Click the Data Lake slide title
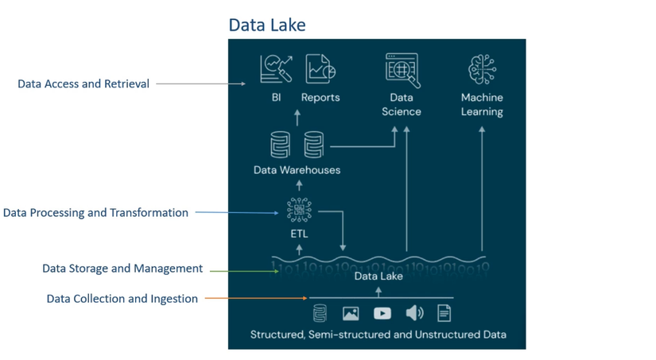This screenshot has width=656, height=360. (266, 25)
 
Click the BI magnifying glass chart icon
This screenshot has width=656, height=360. (276, 69)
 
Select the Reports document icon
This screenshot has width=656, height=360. (320, 69)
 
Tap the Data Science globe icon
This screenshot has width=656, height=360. (402, 70)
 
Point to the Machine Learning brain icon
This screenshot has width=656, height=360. (482, 70)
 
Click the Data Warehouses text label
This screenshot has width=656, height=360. (297, 170)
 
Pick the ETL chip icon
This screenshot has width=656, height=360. (299, 210)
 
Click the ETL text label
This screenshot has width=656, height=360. (299, 234)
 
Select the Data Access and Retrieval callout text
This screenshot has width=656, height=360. (83, 83)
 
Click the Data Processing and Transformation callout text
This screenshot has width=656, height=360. (95, 213)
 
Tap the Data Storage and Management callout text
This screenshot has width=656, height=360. (122, 269)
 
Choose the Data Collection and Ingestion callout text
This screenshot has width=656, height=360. (122, 299)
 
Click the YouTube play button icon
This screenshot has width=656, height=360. (382, 313)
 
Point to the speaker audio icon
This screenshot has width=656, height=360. (414, 313)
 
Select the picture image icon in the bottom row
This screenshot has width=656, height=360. (351, 314)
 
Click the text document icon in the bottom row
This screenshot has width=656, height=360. (444, 313)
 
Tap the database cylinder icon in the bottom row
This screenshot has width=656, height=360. (320, 313)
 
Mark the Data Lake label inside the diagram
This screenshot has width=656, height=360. (378, 276)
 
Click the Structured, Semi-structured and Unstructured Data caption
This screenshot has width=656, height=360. (378, 335)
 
